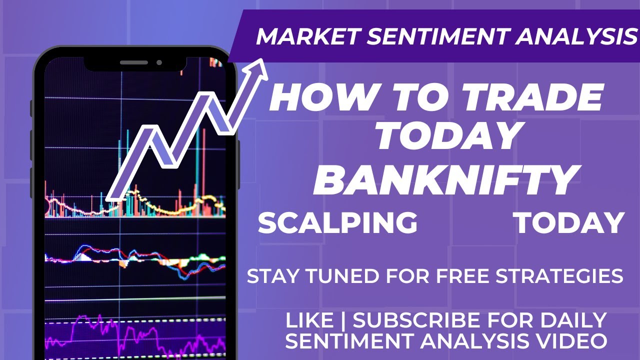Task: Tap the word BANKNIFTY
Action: pos(444,180)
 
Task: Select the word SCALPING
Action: pos(337,223)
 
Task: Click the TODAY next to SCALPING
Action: pos(569,223)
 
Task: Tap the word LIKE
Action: pos(309,320)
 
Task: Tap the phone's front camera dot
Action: pos(159,62)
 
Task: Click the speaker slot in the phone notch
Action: pos(134,62)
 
